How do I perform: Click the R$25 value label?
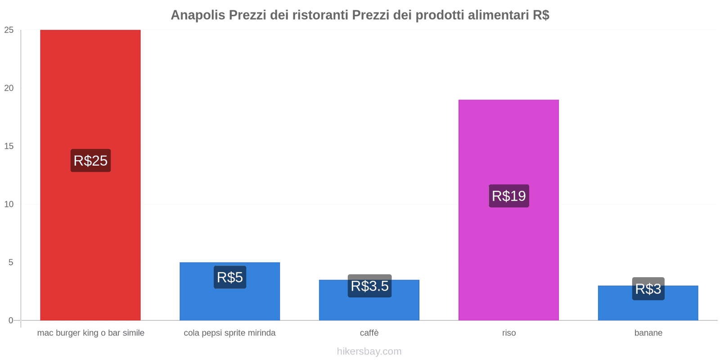90,161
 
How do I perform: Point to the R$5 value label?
229,277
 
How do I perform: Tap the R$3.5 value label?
369,286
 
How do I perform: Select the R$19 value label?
509,196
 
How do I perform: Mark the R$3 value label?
648,289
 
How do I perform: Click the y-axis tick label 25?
9,30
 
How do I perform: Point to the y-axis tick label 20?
9,88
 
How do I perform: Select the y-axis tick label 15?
9,146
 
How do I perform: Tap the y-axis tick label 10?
9,204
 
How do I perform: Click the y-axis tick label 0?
11,320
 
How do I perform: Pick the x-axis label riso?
509,333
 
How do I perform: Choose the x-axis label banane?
648,333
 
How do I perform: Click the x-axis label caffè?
369,333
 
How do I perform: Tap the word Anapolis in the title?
198,15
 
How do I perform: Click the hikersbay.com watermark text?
369,351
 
